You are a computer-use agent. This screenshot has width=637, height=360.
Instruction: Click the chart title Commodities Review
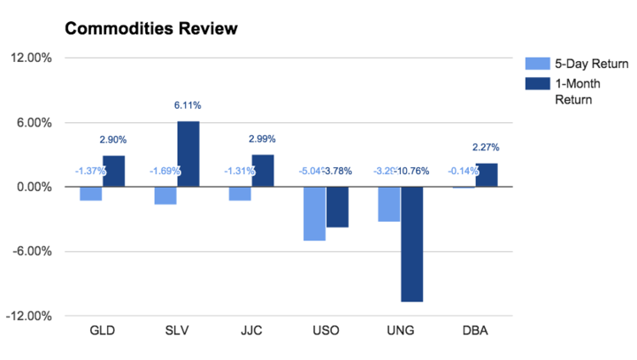(151, 29)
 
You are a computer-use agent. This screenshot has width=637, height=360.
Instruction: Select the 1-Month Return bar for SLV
(188, 154)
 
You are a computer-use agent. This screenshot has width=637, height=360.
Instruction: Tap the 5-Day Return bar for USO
(314, 213)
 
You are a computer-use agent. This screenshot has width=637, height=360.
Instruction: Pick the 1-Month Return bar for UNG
(412, 244)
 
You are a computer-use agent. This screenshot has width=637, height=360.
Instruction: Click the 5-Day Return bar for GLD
(91, 194)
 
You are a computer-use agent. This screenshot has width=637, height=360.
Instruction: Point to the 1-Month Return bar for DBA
(487, 175)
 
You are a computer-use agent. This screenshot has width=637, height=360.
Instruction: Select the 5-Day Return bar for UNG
(389, 204)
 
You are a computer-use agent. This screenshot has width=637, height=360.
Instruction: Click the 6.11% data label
(188, 105)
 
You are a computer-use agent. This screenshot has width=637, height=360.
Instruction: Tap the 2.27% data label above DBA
(486, 147)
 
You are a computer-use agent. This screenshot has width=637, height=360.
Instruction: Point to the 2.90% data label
(113, 139)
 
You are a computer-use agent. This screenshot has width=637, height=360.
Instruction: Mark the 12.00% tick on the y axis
(32, 59)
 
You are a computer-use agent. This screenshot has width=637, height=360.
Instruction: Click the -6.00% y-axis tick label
(32, 251)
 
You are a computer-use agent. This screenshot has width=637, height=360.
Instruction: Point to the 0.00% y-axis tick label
(34, 187)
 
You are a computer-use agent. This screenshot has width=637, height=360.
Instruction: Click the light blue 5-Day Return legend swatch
(537, 64)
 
